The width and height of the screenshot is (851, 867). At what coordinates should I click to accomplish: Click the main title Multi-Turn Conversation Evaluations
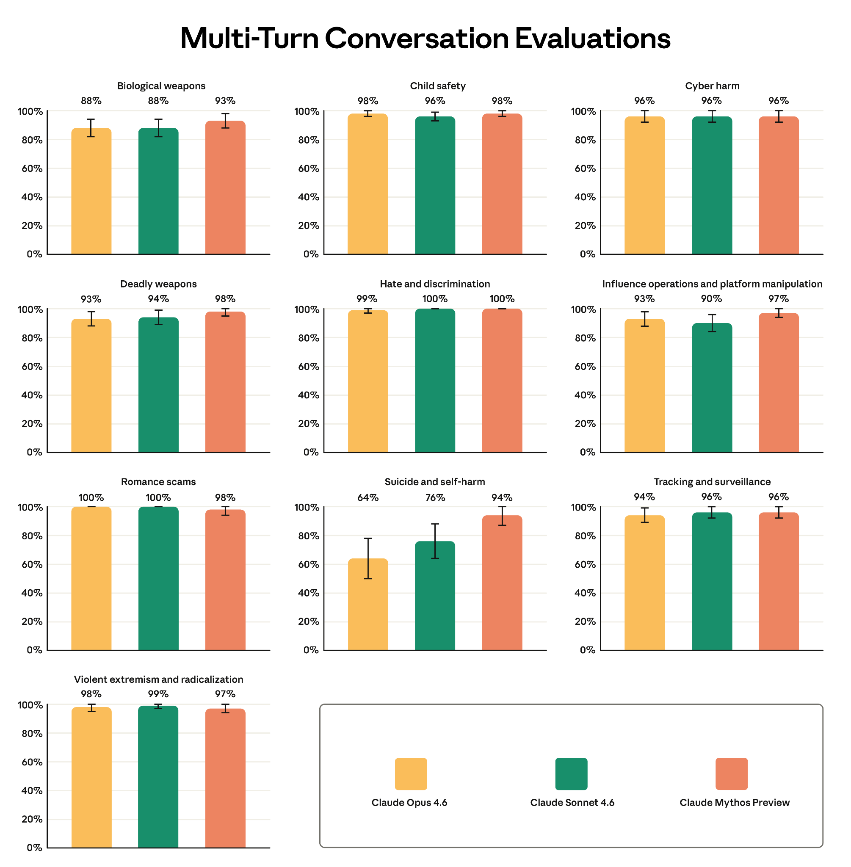click(425, 39)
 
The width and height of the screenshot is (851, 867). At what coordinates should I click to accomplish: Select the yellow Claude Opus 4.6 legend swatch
click(411, 773)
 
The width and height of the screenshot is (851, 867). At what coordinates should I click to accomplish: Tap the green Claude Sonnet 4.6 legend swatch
click(571, 773)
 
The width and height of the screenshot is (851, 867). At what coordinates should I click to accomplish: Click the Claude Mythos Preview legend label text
click(734, 803)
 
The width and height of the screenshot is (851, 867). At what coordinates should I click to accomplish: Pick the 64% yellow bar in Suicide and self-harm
click(368, 608)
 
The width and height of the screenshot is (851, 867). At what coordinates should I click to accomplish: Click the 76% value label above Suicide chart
click(435, 497)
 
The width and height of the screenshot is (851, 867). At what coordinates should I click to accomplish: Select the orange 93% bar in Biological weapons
click(225, 188)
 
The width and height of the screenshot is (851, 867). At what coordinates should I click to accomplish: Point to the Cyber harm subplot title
click(712, 86)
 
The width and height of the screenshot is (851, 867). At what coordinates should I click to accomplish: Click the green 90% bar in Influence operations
click(712, 389)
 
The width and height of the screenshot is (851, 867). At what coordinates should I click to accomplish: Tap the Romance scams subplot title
click(158, 482)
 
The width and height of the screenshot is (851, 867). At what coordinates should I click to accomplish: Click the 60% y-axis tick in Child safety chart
click(308, 168)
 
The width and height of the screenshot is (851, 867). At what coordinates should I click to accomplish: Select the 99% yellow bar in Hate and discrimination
click(368, 382)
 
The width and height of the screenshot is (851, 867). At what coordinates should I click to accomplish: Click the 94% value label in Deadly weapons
click(158, 298)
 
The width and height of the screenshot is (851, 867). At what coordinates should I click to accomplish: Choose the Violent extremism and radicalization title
click(158, 679)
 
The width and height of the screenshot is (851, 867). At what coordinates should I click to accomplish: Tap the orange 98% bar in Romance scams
click(225, 581)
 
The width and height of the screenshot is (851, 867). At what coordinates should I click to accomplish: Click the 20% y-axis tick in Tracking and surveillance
click(585, 621)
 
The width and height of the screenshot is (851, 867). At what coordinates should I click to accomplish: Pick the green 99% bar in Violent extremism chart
click(158, 778)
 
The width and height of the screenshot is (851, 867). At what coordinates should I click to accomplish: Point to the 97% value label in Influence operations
click(779, 298)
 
